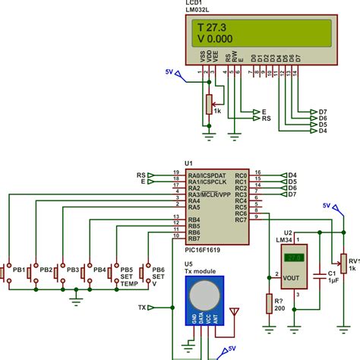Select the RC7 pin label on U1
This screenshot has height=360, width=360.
pos(241,218)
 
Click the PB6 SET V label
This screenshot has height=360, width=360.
pos(158,276)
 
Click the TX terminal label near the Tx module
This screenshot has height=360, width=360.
pos(141,308)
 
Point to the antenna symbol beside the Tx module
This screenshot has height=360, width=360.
pos(232,312)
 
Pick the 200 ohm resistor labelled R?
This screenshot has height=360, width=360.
pos(268,302)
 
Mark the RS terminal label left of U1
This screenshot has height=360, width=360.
pos(141,175)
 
